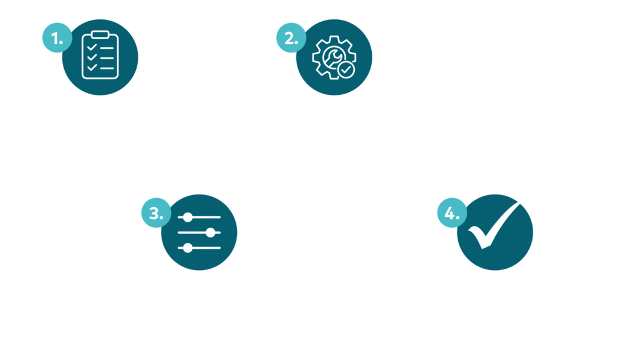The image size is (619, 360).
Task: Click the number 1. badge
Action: click(x=57, y=38)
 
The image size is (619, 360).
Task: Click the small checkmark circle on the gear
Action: click(x=346, y=70)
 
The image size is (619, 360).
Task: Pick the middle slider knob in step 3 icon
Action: click(x=210, y=233)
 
